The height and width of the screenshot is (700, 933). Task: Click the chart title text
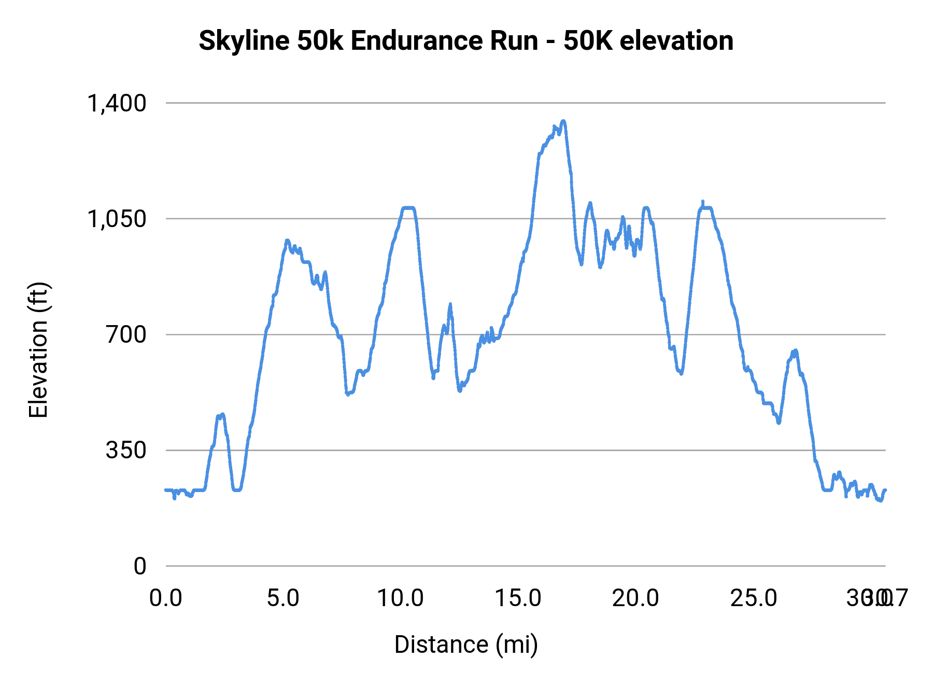[x=465, y=40]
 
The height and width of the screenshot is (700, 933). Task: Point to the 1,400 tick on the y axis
[x=117, y=103]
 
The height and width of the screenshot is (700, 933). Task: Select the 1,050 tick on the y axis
[x=117, y=219]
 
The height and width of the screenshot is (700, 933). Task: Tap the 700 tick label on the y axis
[x=126, y=334]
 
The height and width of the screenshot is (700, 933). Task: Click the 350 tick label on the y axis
[x=126, y=450]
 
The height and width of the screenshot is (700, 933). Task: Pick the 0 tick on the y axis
[x=139, y=566]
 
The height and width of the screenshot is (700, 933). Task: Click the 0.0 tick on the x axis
[x=166, y=598]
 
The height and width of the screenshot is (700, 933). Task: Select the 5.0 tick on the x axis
[x=283, y=598]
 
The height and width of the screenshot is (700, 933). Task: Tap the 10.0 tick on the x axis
[x=400, y=598]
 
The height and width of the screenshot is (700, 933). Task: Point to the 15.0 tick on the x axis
[x=518, y=598]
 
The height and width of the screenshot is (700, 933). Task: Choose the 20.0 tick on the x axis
[x=635, y=598]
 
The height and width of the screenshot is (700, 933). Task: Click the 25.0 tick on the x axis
[x=753, y=598]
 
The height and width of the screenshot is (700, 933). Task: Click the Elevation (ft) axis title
[x=38, y=350]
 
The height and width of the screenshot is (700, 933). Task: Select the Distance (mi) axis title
[x=465, y=645]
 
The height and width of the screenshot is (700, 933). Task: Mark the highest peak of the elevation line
[x=563, y=121]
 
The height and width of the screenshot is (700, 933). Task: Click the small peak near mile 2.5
[x=222, y=414]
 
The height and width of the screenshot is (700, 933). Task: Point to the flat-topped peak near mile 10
[x=408, y=208]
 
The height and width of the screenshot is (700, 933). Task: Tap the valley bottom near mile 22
[x=681, y=373]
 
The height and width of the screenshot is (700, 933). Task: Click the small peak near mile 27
[x=795, y=351]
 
